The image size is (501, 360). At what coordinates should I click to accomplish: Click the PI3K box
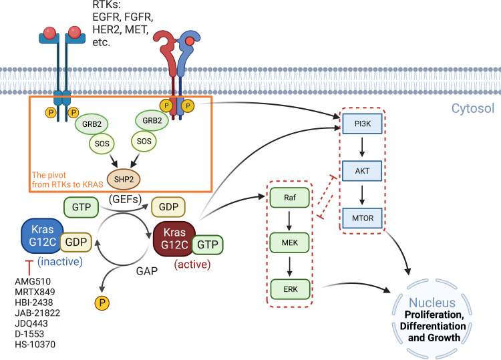[362, 124]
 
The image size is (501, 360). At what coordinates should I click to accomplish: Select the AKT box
[362, 171]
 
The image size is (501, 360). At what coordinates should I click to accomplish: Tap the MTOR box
[362, 218]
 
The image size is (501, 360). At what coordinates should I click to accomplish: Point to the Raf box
[290, 198]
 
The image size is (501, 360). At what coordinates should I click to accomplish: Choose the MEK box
[290, 242]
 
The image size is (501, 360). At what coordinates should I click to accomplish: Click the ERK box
[290, 289]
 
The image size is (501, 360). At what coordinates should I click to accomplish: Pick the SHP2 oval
[124, 179]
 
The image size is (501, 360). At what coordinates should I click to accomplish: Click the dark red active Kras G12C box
[174, 238]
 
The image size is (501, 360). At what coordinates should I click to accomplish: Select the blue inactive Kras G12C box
[43, 236]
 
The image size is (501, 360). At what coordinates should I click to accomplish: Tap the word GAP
[147, 271]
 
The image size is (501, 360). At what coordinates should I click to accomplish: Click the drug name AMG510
[33, 281]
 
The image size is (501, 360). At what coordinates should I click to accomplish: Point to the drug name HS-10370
[35, 345]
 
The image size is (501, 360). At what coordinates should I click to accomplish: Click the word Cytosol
[473, 108]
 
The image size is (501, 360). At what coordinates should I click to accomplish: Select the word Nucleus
[432, 303]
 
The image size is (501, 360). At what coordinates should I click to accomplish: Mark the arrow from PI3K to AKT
[362, 147]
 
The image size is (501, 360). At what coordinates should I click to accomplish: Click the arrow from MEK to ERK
[289, 266]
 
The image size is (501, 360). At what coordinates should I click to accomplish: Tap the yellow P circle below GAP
[102, 303]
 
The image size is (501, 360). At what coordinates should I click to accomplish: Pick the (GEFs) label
[126, 199]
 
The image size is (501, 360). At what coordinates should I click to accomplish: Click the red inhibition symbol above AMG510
[29, 268]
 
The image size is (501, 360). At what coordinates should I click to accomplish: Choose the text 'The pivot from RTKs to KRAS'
[67, 180]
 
